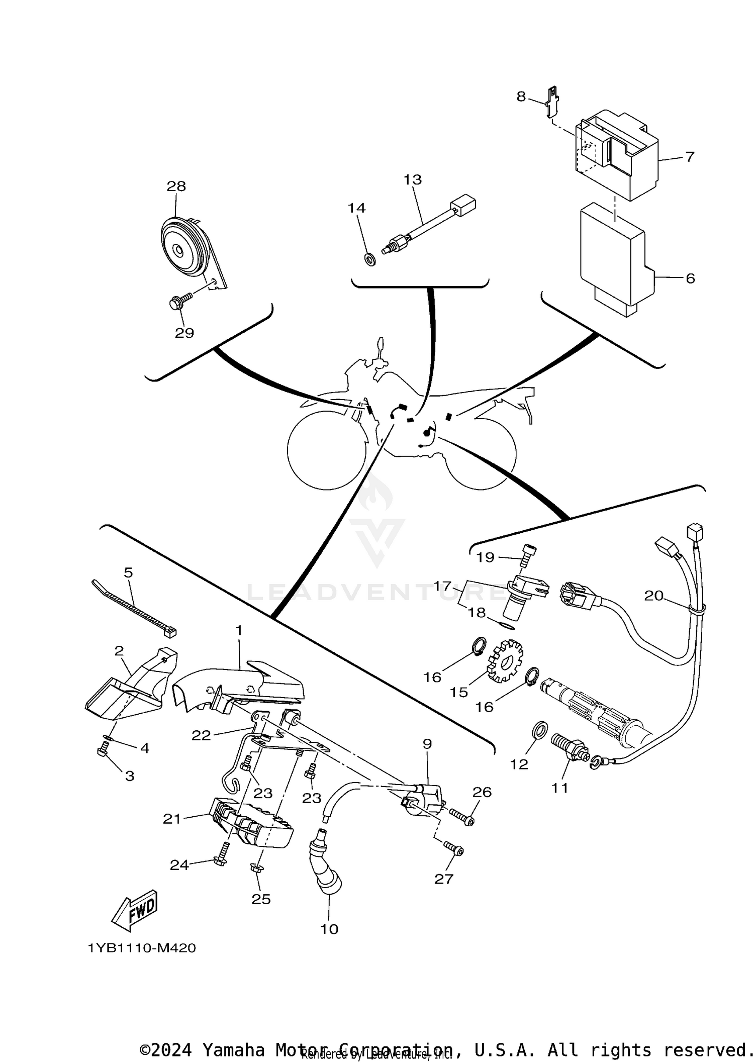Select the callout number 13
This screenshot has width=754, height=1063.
click(x=413, y=179)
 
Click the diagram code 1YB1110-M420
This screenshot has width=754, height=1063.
click(x=142, y=948)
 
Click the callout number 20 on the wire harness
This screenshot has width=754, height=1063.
click(x=653, y=596)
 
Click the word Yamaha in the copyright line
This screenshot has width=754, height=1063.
click(x=233, y=1048)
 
